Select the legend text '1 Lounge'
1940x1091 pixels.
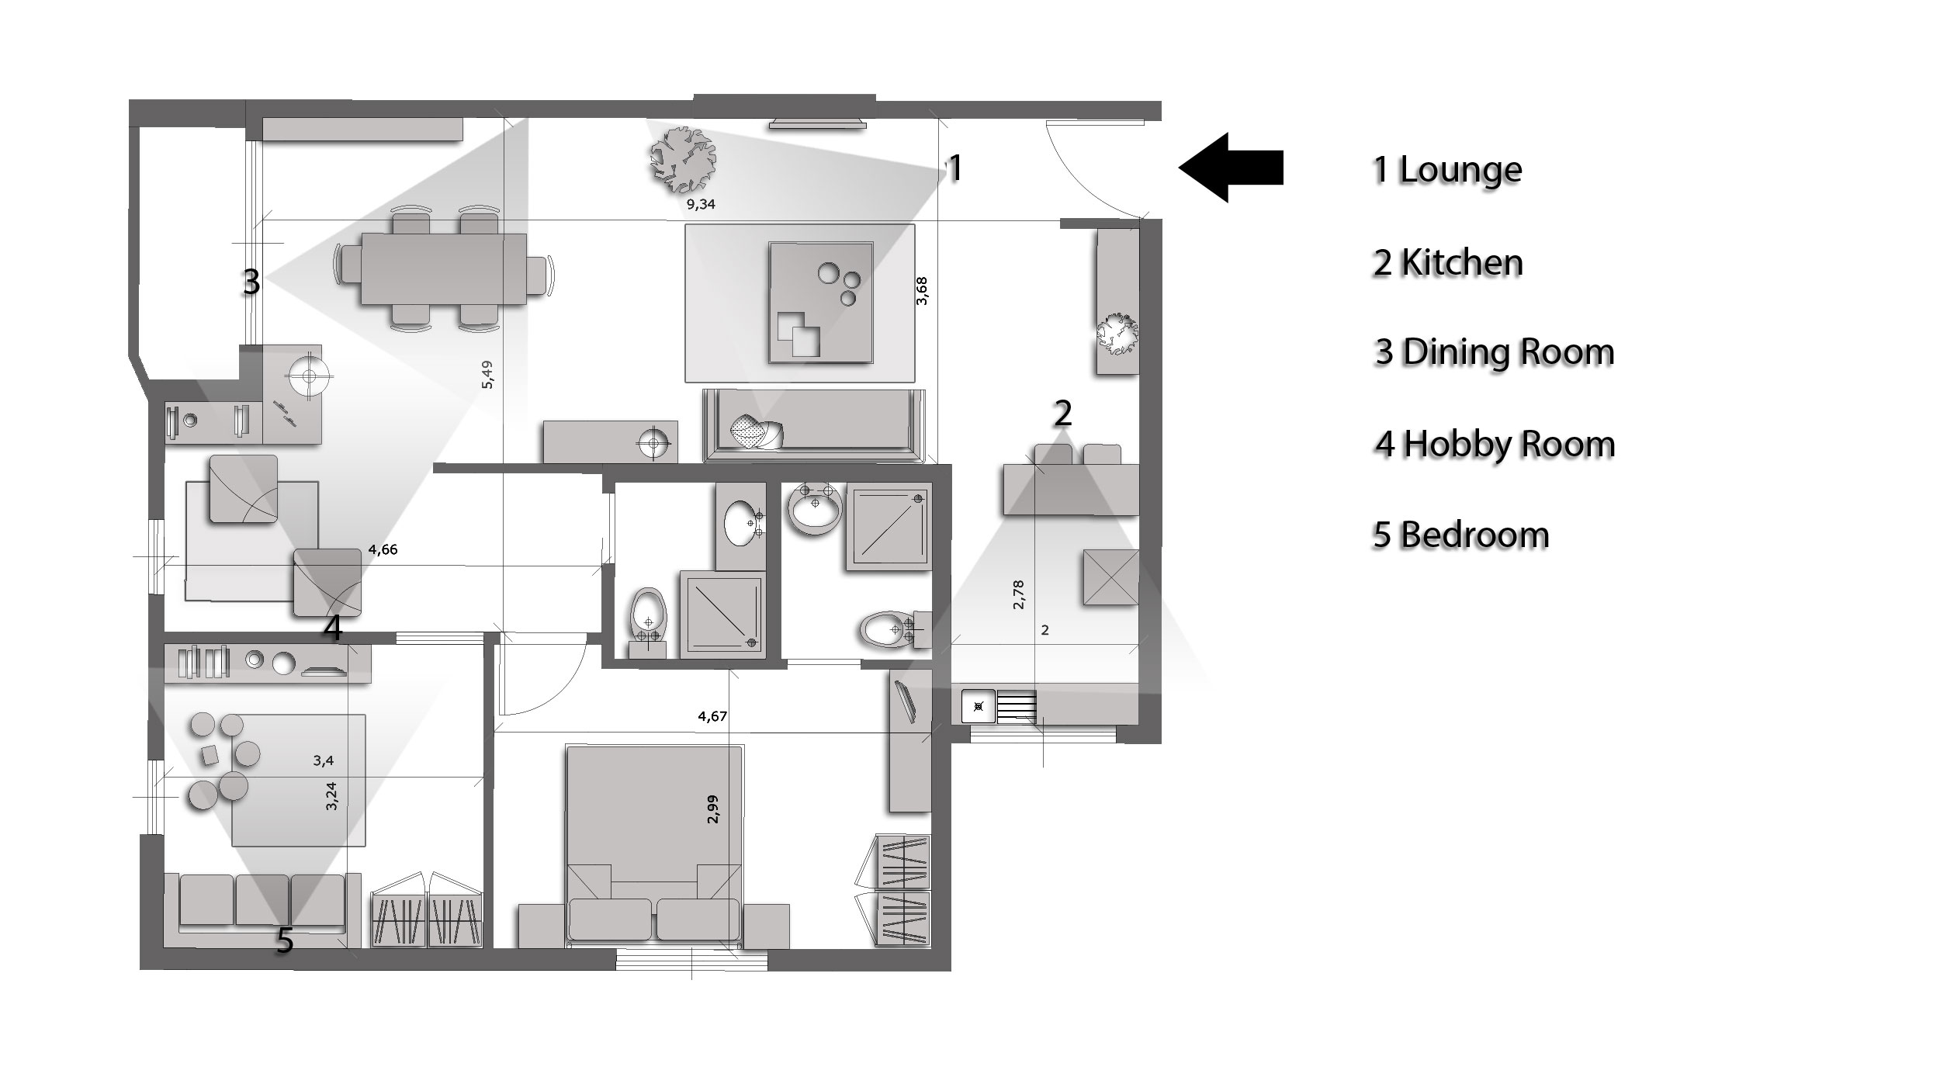tap(1447, 170)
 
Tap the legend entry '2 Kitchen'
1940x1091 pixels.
tap(1448, 262)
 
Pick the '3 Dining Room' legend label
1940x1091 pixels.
tap(1495, 352)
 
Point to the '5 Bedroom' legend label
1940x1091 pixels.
tap(1460, 535)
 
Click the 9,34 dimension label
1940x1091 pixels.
tap(701, 205)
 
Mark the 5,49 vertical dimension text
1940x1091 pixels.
tap(487, 375)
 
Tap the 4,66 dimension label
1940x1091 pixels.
tap(383, 549)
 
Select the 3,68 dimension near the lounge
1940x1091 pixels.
tap(922, 291)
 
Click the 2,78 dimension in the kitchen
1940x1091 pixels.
tap(1019, 594)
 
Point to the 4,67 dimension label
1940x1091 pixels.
tap(712, 716)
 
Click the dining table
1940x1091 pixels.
tap(443, 270)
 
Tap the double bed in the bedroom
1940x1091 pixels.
tap(654, 846)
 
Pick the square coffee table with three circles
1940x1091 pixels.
tap(820, 302)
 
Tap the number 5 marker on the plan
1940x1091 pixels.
tap(286, 941)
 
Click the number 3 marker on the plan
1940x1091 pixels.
tap(251, 282)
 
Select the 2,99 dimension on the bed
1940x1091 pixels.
tap(714, 809)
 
